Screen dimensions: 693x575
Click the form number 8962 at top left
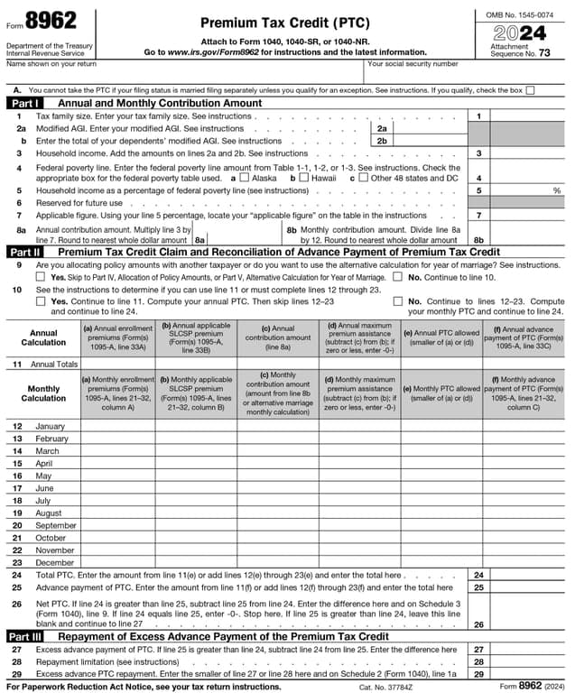tap(51, 21)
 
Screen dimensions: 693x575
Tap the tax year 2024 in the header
tap(519, 34)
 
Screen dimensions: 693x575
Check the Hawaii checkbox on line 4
tap(304, 179)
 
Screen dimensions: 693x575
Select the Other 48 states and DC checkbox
tap(363, 179)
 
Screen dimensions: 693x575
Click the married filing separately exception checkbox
tap(530, 90)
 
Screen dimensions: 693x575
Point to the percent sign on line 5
tap(556, 191)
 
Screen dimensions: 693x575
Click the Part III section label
tap(26, 636)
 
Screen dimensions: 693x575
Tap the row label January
tap(50, 426)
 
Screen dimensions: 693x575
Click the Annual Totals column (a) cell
tap(118, 364)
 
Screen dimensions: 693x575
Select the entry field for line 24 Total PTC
tap(527, 575)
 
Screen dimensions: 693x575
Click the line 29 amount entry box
tap(527, 674)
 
